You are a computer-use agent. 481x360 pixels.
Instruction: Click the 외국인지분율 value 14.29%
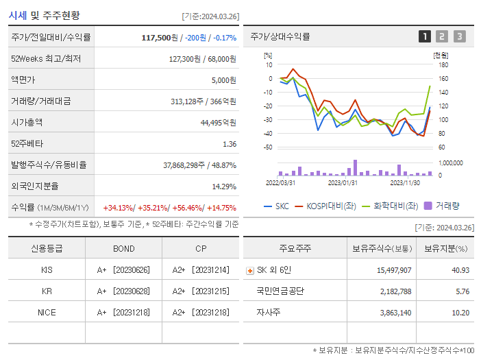coord(223,186)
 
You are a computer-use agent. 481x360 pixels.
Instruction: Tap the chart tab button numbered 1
coord(425,36)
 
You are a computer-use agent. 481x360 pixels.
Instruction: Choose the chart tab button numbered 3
coord(459,36)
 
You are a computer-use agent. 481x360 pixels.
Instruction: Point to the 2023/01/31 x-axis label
coord(343,182)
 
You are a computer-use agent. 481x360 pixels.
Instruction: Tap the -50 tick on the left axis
coord(268,147)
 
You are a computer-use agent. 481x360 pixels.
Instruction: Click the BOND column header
coord(123,248)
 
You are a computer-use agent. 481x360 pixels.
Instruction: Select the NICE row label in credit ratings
coord(47,312)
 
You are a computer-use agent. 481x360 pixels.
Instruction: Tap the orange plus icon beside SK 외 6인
coord(249,270)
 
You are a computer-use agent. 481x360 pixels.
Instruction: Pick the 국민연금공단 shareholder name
coord(280,291)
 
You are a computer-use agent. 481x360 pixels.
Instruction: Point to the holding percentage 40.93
coord(460,269)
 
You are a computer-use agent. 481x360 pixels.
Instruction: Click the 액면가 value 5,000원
coord(223,80)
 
